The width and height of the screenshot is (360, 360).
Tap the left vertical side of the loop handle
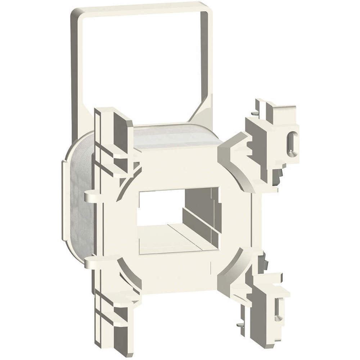point(76,72)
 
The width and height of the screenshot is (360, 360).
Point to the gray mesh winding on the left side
point(81,202)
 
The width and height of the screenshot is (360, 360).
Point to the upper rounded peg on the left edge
point(90,197)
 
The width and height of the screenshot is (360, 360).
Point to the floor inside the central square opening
point(173,238)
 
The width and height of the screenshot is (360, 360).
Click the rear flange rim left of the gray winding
point(65,202)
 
